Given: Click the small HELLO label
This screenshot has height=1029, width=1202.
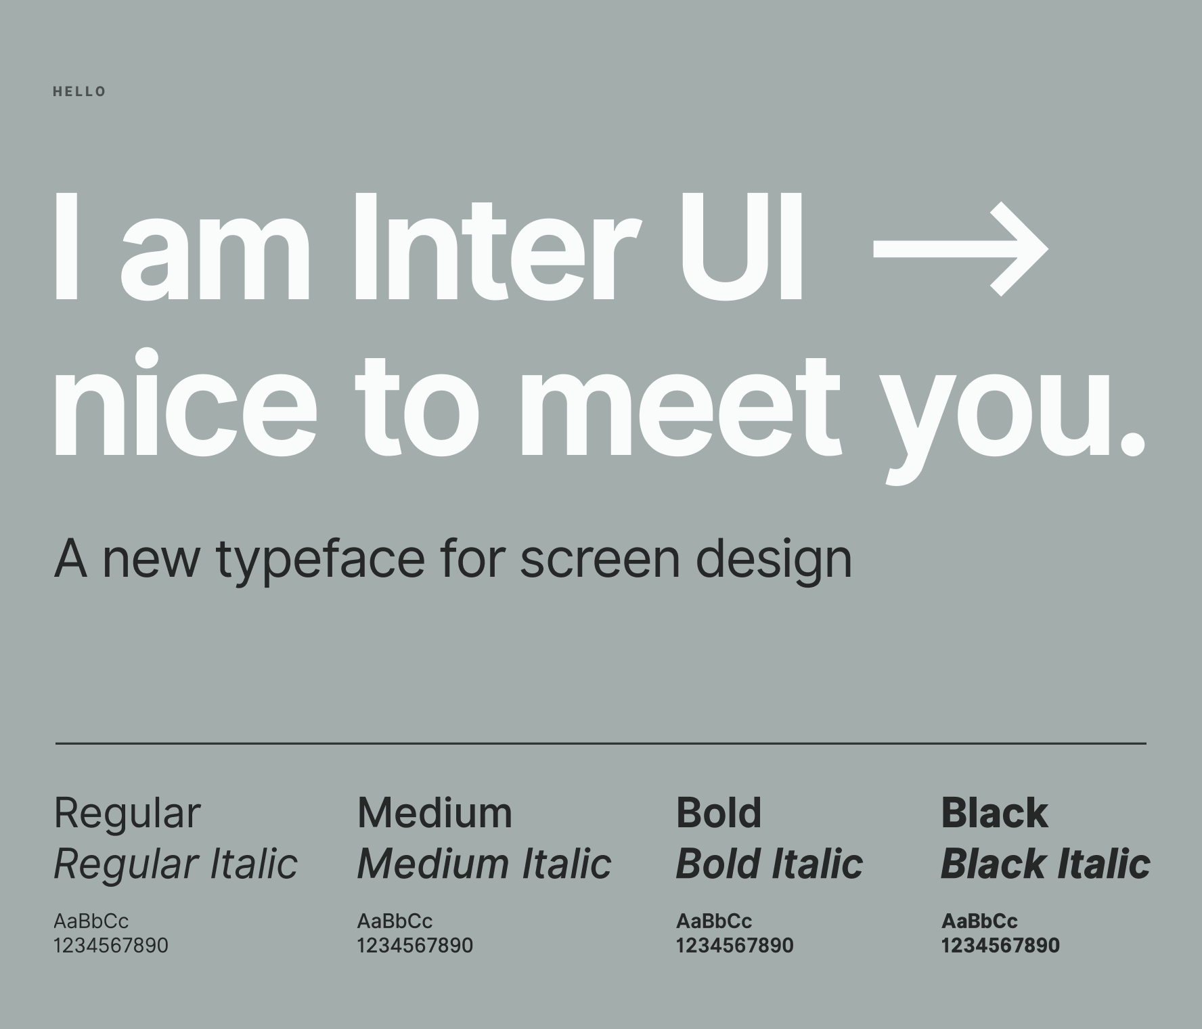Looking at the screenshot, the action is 79,91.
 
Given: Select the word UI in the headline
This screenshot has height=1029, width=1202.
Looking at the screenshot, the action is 742,247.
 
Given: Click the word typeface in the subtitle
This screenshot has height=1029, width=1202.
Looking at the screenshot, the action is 321,561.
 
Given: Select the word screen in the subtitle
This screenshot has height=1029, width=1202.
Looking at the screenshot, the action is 600,561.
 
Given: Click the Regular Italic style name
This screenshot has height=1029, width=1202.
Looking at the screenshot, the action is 175,864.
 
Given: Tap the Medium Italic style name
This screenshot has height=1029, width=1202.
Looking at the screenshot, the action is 484,864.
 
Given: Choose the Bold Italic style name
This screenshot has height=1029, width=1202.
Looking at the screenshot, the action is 770,864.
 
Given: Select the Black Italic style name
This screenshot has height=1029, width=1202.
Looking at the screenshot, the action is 1046,864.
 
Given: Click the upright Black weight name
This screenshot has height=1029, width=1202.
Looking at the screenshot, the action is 994,812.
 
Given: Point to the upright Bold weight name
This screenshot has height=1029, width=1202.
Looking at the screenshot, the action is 719,812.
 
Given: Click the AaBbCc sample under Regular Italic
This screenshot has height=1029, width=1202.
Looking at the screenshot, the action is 91,921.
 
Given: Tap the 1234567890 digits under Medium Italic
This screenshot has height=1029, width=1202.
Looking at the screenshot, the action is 415,945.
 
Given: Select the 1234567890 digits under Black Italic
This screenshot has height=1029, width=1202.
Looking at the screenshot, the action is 1000,945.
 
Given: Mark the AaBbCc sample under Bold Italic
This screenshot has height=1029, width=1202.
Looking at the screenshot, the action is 714,921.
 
